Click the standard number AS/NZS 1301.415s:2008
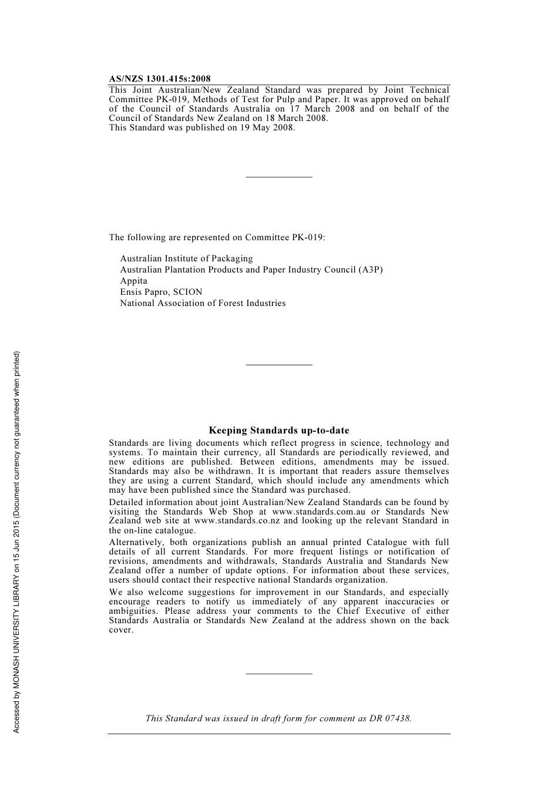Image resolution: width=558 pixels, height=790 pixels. tap(160, 79)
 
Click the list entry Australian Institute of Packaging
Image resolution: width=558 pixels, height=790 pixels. tap(186, 258)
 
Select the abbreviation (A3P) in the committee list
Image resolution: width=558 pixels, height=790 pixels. tap(371, 270)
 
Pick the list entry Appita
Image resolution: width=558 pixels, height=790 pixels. tap(134, 281)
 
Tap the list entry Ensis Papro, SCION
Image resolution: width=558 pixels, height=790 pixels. tap(161, 292)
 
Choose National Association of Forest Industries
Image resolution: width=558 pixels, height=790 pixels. tap(203, 303)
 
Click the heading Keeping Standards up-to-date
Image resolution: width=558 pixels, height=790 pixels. tap(279, 431)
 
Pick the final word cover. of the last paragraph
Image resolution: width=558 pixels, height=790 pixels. tap(121, 630)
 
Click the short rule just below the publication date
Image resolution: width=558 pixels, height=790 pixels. tap(279, 177)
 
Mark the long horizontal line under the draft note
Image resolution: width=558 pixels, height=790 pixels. tap(279, 734)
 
